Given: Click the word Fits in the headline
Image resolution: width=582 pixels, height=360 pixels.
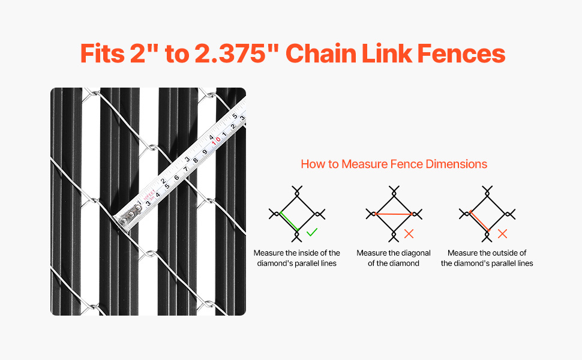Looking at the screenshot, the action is click(103, 53).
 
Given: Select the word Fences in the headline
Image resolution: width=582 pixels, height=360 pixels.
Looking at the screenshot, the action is click(461, 53).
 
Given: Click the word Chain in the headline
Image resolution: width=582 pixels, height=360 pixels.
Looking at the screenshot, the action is click(321, 53).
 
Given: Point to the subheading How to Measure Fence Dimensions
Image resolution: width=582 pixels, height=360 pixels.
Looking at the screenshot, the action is click(394, 164).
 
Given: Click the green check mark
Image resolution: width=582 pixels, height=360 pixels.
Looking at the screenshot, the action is click(312, 233).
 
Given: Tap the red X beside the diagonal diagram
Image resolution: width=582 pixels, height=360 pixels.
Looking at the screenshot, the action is click(409, 234).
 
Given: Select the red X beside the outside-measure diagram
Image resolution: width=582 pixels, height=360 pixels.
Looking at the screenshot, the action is click(502, 234).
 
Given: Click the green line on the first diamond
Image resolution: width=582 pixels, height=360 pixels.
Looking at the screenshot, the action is click(289, 221).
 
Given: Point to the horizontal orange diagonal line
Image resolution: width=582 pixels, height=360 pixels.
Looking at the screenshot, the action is click(394, 214).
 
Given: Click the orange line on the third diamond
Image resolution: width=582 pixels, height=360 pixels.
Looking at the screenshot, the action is click(479, 221).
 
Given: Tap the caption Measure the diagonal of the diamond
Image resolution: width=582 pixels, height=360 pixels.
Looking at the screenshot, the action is click(394, 258).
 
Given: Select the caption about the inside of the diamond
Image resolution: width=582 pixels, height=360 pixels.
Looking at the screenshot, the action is click(296, 258).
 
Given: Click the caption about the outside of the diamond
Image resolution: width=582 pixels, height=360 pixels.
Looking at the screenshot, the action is click(487, 258).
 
